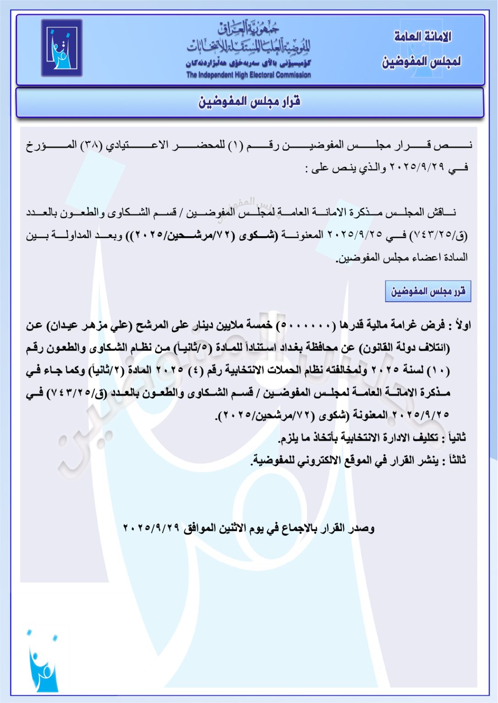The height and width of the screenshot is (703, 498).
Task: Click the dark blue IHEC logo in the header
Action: tap(62, 48)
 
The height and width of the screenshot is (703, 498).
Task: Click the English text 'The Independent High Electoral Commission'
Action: tap(248, 75)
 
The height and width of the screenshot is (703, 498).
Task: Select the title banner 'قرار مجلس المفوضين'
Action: tap(249, 102)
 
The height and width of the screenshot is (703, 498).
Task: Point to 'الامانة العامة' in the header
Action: tap(422, 37)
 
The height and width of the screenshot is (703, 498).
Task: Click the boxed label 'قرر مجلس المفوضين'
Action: tap(428, 292)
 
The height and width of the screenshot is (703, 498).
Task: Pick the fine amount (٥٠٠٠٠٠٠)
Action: tap(305, 325)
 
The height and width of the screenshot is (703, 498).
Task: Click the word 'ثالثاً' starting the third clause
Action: tap(456, 460)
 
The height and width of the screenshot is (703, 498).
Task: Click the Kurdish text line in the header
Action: tap(248, 63)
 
